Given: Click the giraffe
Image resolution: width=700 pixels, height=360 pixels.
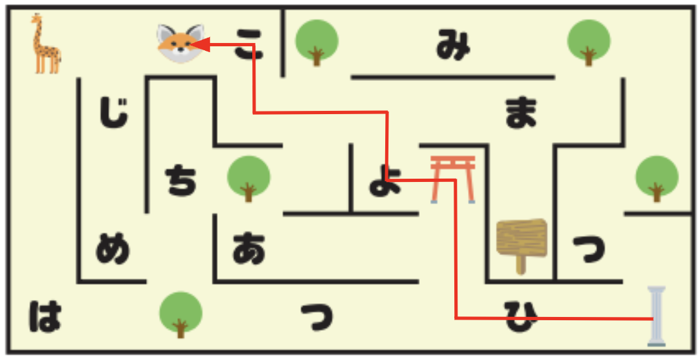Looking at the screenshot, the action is coord(46,44).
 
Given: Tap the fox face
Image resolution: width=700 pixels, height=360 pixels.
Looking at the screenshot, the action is coord(181,43).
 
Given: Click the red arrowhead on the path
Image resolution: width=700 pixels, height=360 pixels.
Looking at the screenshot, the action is coord(200,44).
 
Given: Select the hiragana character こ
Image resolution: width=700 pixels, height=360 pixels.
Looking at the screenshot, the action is coord(249,44).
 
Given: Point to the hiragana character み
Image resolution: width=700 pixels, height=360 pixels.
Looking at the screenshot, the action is coord(453,44).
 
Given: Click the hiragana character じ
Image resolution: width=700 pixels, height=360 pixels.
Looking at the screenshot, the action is coord(113,113).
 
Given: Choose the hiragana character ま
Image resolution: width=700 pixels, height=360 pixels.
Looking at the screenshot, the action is coord(521,113).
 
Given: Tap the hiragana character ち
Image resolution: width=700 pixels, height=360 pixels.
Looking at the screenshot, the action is coord(181,181).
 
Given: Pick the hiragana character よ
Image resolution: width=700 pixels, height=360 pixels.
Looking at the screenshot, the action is coord(385,181).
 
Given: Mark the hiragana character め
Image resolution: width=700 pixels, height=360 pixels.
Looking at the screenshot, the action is coord(113,248).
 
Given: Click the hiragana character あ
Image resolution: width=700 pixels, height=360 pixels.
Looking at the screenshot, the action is coord(249,248).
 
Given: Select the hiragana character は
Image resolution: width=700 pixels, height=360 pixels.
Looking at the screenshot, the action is coord(45,316).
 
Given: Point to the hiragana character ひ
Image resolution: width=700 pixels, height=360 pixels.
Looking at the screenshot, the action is coord(521,316).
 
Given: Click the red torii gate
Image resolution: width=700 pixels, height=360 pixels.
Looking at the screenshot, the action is coord(453,179).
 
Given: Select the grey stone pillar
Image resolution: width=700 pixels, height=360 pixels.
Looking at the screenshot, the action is coord(657,316).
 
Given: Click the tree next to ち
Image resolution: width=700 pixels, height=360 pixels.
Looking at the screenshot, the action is coord(249,179).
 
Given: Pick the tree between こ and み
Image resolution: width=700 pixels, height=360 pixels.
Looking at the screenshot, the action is coord(317,43).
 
